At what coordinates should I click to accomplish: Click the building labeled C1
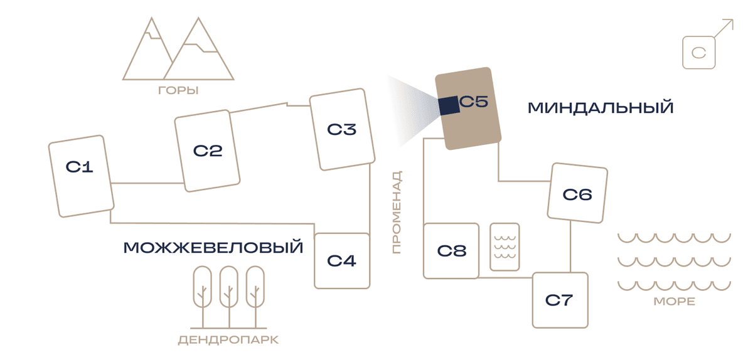pos(82,176)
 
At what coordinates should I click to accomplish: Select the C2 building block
pos(207,151)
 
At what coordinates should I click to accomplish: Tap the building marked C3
pos(342,129)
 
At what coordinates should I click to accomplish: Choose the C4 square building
pos(342,261)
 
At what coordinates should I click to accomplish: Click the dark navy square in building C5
pos(449,105)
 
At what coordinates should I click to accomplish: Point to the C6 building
pos(577,193)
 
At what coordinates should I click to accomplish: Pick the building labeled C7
pos(560,300)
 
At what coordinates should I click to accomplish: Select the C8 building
pos(451,251)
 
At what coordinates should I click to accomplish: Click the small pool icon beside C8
pos(505,246)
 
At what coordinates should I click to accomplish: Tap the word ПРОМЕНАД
pos(397,212)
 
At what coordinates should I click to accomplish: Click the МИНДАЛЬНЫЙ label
pos(601,108)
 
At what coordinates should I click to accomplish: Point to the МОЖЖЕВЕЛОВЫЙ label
pos(213,248)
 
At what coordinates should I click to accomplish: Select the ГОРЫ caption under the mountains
pos(178,90)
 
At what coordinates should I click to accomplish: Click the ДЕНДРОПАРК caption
pos(228,340)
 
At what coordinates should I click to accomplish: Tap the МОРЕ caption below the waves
pos(675,301)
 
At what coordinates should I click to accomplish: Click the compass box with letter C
pos(699,53)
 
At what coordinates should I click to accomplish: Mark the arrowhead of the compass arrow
pos(729,23)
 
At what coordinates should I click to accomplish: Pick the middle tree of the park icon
pos(229,297)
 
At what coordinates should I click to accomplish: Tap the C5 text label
pos(474,101)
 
